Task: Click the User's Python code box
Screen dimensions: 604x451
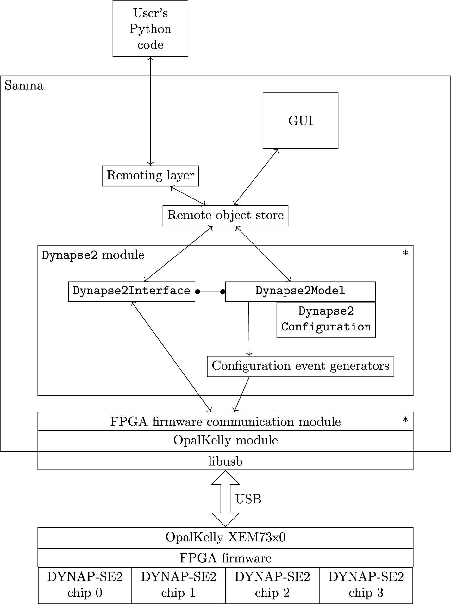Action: point(150,28)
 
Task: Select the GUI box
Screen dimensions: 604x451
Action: point(300,121)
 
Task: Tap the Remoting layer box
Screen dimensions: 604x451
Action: point(150,176)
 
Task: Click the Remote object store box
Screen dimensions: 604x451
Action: point(225,216)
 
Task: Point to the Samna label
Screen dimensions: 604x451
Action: point(24,86)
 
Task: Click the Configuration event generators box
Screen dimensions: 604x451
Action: point(300,366)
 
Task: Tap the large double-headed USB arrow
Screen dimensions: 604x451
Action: point(225,499)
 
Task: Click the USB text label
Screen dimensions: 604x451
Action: point(248,499)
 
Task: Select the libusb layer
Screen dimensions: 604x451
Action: point(225,461)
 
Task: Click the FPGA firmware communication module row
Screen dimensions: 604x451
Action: point(225,422)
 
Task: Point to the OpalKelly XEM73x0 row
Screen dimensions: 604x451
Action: point(225,538)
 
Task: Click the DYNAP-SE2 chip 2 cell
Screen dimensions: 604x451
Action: point(272,585)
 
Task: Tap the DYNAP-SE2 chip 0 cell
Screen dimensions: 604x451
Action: point(85,585)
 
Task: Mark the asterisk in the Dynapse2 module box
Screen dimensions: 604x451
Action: point(405,254)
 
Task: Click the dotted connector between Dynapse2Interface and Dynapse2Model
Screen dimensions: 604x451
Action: point(210,292)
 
